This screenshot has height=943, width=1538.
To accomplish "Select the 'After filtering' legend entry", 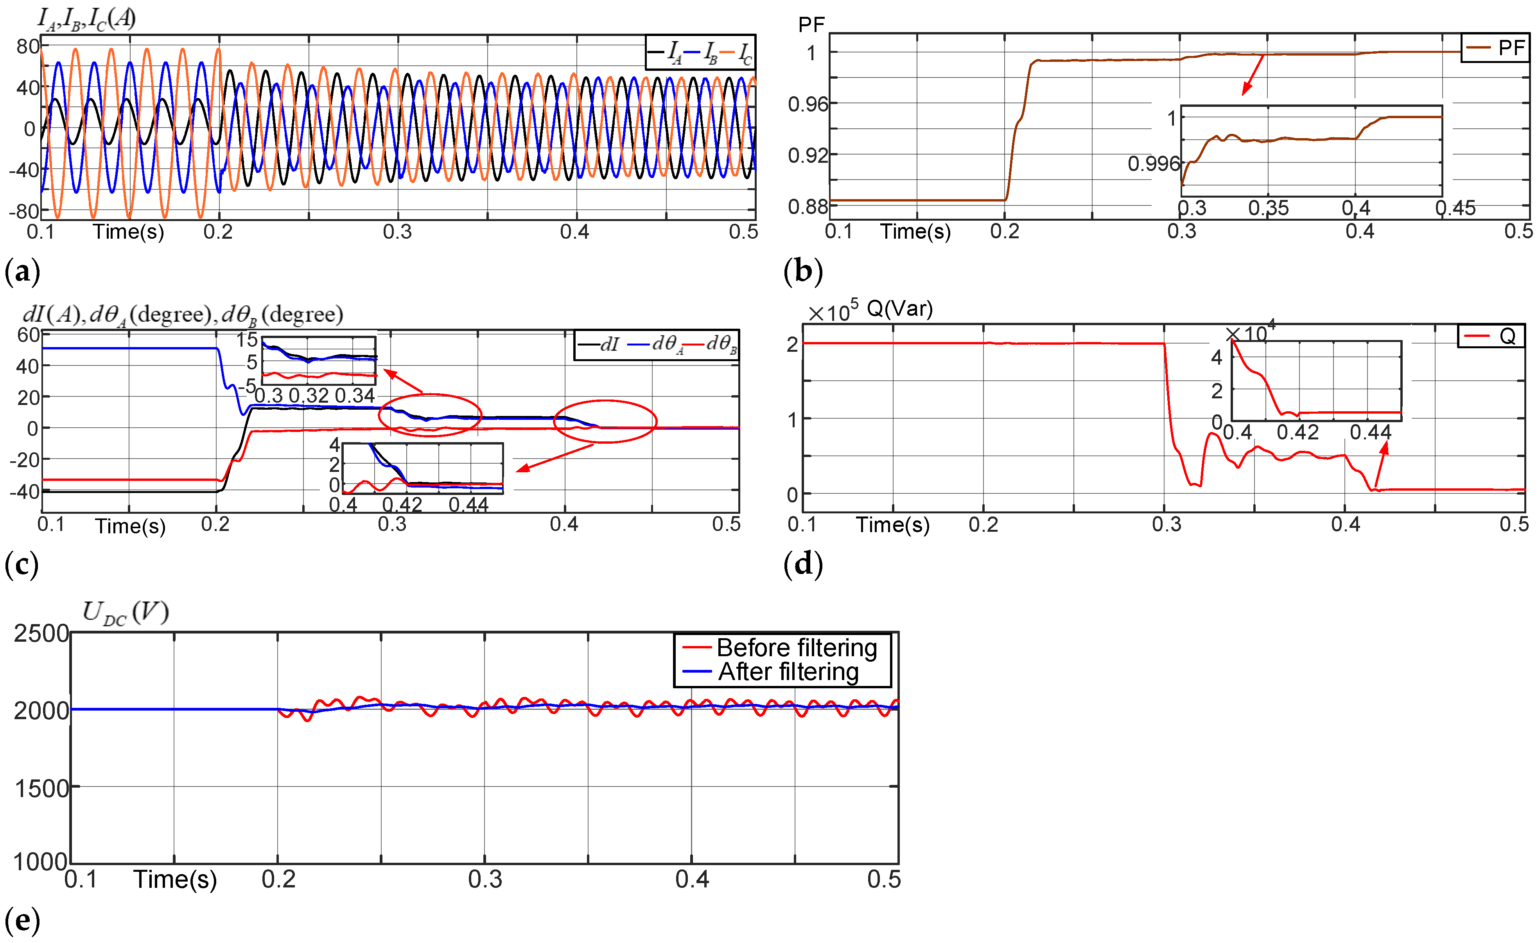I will coord(788,672).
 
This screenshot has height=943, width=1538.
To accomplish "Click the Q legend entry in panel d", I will coord(1507,336).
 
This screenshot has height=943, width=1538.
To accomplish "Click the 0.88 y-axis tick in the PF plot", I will coord(808,206).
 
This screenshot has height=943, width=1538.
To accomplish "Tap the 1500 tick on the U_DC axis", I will coord(41,788).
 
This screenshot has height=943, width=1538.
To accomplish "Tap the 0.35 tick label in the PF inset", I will coord(1268,208).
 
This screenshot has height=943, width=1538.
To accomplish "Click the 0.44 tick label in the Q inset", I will coord(1371,432).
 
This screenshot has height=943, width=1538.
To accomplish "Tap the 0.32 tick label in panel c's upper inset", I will coord(309,395).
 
